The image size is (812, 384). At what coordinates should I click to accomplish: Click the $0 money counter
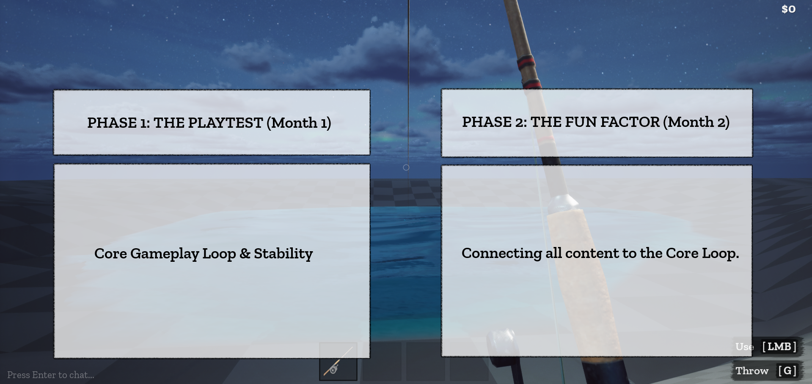pos(788,9)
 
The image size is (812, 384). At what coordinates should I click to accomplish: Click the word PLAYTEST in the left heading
pos(225,123)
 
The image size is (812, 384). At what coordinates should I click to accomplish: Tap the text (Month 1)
pos(299,123)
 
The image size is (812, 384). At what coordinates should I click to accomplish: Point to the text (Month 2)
pos(696,122)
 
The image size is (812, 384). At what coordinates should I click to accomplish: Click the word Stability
pos(283,253)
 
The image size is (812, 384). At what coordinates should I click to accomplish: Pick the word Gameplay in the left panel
pos(165,254)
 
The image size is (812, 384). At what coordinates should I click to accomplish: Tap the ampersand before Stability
pos(245,253)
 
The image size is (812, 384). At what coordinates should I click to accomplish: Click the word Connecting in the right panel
pos(502,253)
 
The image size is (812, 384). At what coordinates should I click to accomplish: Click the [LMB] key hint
pos(779,347)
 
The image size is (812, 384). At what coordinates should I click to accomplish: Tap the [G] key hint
pos(787,371)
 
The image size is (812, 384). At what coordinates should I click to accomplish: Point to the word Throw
pos(752,371)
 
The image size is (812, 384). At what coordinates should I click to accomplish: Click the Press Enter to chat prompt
pos(51,375)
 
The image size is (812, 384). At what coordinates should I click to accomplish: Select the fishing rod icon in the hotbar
pos(338,362)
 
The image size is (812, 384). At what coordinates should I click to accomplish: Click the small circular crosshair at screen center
pos(406,167)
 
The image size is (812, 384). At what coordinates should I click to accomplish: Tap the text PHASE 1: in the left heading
pos(118,123)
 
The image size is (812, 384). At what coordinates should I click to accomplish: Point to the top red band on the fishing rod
pos(526,62)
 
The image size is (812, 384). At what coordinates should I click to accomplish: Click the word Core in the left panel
pos(110,253)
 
